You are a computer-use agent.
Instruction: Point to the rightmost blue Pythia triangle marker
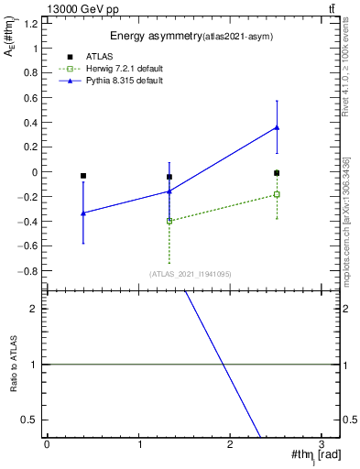277,127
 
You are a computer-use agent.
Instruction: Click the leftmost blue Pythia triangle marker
83,213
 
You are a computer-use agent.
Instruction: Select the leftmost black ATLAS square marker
83,176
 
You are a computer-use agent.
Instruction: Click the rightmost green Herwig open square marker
277,194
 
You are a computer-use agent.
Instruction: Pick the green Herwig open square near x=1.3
169,221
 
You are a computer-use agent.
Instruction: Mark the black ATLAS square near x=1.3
169,177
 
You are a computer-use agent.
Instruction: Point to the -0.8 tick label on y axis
28,271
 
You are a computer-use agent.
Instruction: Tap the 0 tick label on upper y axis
36,172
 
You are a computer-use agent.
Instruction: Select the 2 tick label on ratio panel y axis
36,309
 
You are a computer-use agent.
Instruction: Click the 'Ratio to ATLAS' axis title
12,365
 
